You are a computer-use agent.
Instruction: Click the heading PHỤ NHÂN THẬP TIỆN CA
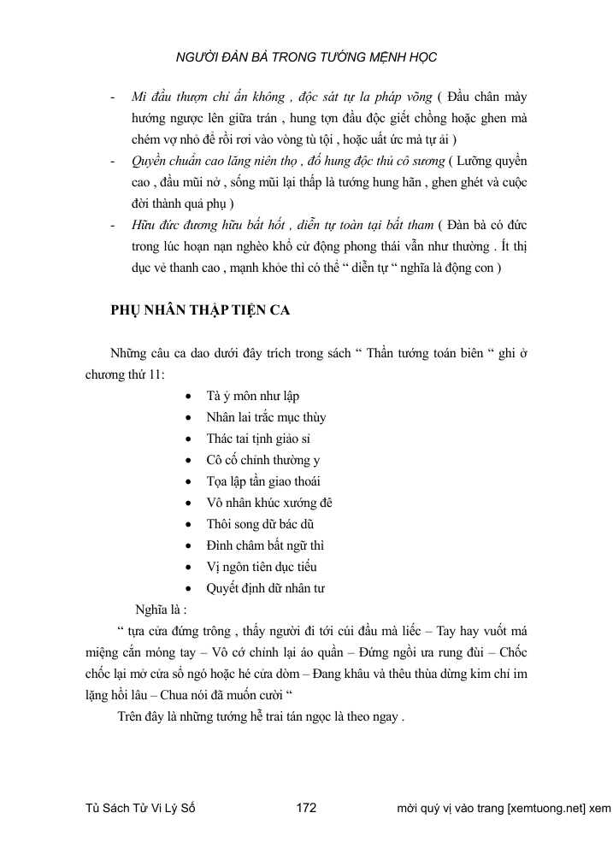click(x=201, y=310)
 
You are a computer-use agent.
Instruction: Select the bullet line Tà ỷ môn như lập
click(x=252, y=396)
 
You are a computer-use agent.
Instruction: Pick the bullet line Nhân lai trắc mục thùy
click(x=266, y=417)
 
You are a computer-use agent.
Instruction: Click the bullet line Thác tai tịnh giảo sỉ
click(x=259, y=439)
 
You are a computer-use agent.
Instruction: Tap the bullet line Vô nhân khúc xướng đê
click(x=263, y=503)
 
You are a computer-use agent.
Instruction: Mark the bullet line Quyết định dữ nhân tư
click(x=265, y=588)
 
